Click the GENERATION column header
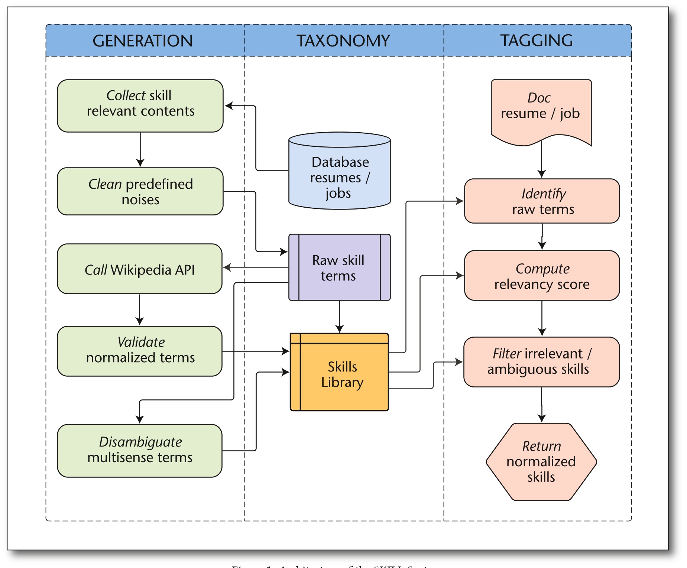pos(143,40)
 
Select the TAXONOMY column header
pos(343,40)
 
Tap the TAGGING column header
pos(537,40)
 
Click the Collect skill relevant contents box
pos(140,106)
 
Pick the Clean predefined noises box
pos(140,191)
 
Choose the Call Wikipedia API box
pos(140,269)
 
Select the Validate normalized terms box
pos(140,351)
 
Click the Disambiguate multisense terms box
pos(140,450)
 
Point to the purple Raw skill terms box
pos(339,267)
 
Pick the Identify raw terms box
pos(542,201)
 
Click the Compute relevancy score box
pos(542,276)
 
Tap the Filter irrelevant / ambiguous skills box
pos(541,362)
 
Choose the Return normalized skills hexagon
pos(541,462)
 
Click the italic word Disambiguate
pos(140,442)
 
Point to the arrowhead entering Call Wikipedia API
pos(227,267)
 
